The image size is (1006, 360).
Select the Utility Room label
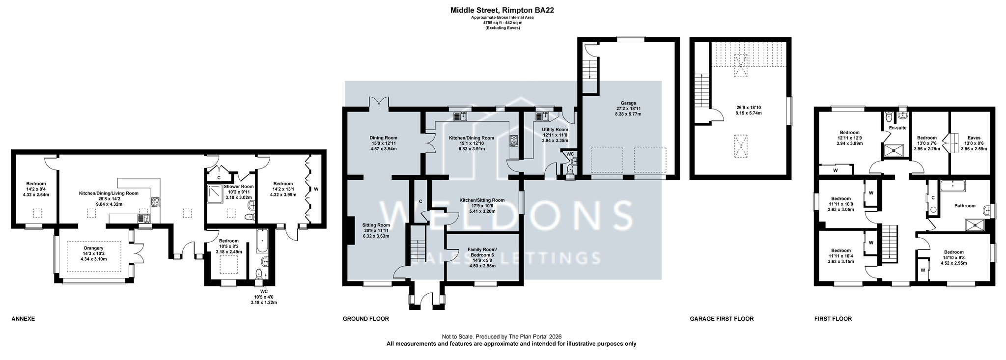click(x=555, y=130)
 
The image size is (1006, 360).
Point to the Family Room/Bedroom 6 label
click(x=482, y=252)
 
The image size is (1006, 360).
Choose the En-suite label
click(x=897, y=128)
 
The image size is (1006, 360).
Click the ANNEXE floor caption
click(x=23, y=319)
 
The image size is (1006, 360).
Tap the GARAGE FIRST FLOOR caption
click(x=722, y=319)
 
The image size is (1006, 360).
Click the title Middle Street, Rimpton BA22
click(x=503, y=10)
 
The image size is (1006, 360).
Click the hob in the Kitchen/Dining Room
click(x=514, y=140)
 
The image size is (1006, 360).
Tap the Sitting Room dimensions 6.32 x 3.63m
click(x=376, y=236)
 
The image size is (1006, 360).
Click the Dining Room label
click(x=383, y=138)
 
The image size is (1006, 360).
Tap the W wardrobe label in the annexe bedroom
click(x=316, y=189)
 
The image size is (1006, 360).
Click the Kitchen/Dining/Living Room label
click(x=109, y=194)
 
